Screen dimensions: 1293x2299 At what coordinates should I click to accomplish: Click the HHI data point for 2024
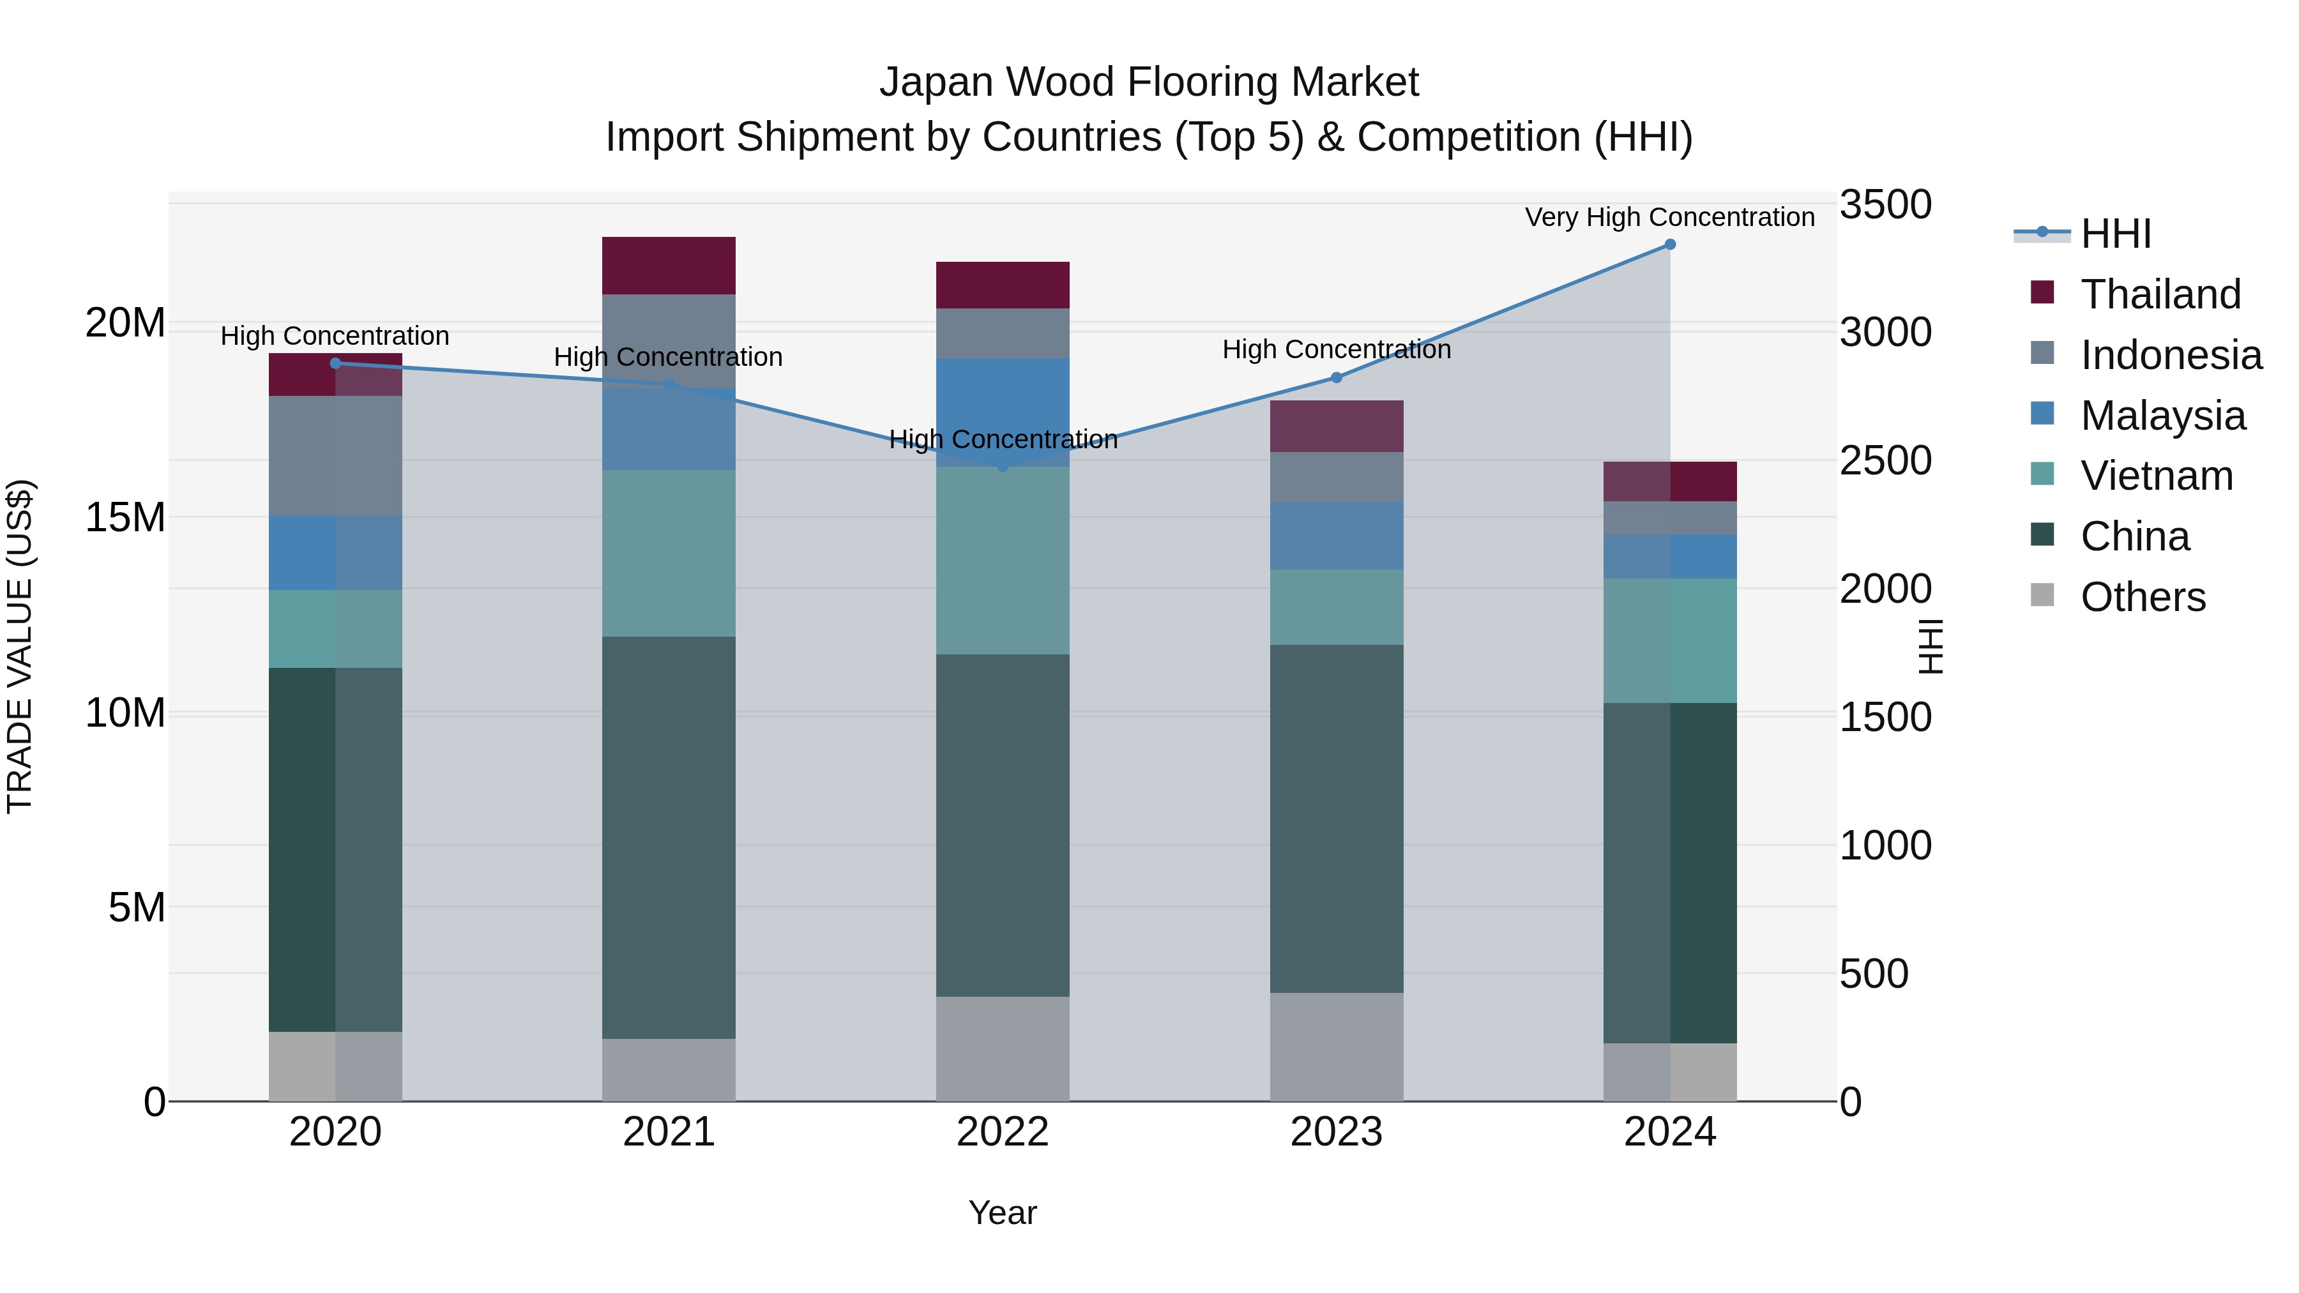coord(1670,245)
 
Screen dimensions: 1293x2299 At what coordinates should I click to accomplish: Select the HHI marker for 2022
coord(1002,466)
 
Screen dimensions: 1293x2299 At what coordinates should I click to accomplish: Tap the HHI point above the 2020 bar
coord(335,363)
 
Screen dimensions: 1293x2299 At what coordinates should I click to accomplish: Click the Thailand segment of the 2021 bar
coord(669,265)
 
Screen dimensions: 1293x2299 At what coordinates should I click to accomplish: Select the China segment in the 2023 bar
coord(1336,819)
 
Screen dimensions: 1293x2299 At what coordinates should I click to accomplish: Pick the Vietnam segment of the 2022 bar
coord(1002,561)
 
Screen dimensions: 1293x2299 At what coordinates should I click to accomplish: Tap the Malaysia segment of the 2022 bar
coord(1002,402)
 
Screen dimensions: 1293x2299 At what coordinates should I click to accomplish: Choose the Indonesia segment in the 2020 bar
coord(335,455)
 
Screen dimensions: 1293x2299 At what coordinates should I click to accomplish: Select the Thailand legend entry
coord(2160,294)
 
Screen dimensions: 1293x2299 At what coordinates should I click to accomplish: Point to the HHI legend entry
coord(2115,234)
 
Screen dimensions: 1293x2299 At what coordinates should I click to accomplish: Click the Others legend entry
coord(2142,597)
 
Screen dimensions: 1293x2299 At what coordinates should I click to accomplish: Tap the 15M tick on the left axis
coord(125,518)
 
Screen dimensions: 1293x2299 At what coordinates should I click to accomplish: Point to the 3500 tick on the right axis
coord(1885,204)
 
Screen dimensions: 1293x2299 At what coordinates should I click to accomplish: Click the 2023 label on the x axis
coord(1336,1132)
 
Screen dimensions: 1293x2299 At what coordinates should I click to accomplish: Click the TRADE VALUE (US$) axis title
coord(20,647)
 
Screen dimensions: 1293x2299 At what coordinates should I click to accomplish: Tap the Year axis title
coord(1002,1213)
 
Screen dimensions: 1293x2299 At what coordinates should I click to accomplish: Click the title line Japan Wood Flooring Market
coord(1149,82)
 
